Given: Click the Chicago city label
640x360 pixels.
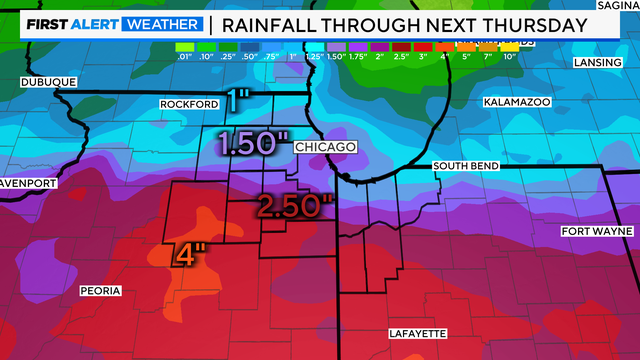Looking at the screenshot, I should point(326,147).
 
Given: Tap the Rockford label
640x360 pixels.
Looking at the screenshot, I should point(189,104).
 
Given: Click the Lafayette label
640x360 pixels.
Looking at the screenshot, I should point(417,333).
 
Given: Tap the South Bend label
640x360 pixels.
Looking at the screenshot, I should point(466,165).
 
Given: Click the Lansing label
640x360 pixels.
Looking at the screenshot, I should point(598,62).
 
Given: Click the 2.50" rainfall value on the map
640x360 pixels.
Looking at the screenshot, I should point(292,206).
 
